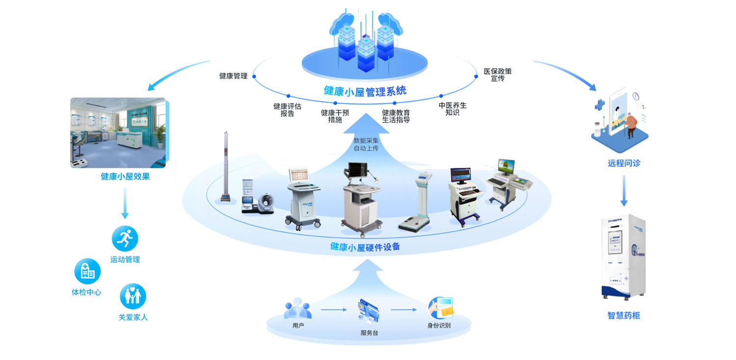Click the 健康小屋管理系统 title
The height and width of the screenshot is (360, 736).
pos(365,91)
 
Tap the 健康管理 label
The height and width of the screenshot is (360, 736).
pos(233,76)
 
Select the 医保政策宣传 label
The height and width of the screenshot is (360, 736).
pos(498,75)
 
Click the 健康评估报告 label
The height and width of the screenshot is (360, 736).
pos(287,109)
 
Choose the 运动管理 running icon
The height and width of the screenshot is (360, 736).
pos(125,239)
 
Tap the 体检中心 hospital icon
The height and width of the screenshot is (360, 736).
pos(87,271)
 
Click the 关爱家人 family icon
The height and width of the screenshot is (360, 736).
pos(133,296)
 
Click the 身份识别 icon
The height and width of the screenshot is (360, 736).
pos(440,308)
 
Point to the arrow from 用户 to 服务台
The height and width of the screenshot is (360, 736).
pos(334,310)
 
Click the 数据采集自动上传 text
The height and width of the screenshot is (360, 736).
pos(366,144)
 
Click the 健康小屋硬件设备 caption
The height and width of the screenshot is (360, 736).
pos(365,247)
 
